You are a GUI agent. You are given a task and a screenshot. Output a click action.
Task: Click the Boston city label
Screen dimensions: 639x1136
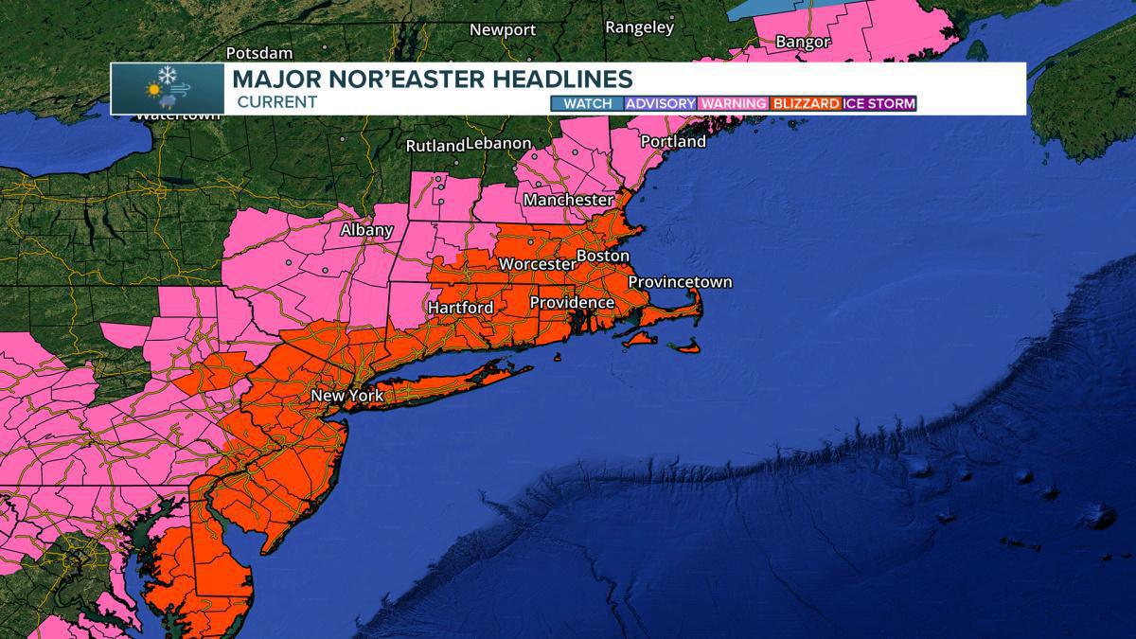(602, 257)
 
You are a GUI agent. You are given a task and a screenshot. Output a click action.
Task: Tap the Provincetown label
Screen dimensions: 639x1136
(680, 282)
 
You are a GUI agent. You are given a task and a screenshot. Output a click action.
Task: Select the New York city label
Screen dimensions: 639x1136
(347, 395)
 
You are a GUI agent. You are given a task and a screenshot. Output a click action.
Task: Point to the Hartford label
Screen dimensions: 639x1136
(460, 308)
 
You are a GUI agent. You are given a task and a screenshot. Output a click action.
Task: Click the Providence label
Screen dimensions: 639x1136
(572, 302)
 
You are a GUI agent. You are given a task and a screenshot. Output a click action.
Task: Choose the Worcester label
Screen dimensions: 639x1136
(537, 263)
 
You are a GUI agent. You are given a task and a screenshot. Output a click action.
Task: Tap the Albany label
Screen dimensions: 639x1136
(366, 230)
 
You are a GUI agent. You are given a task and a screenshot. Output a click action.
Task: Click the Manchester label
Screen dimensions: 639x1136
(568, 200)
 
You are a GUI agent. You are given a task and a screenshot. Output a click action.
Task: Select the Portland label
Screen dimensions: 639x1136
(673, 141)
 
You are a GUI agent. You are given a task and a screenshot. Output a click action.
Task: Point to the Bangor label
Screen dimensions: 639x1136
(803, 42)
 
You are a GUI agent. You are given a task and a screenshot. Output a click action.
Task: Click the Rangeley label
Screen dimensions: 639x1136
(639, 27)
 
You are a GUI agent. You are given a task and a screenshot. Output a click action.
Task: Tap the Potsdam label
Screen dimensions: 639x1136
(259, 53)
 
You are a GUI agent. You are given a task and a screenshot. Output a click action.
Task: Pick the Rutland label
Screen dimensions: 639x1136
(435, 146)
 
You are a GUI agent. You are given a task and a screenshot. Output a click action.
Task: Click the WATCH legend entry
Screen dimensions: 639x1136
(587, 103)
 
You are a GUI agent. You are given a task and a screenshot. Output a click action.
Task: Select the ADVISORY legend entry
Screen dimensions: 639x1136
(661, 103)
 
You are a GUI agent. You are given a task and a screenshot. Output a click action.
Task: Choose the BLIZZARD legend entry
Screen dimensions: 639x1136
(807, 103)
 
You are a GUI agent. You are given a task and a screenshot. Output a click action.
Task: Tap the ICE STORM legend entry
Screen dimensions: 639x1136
(879, 103)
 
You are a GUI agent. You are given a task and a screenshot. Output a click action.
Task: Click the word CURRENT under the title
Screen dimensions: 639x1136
(276, 102)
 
